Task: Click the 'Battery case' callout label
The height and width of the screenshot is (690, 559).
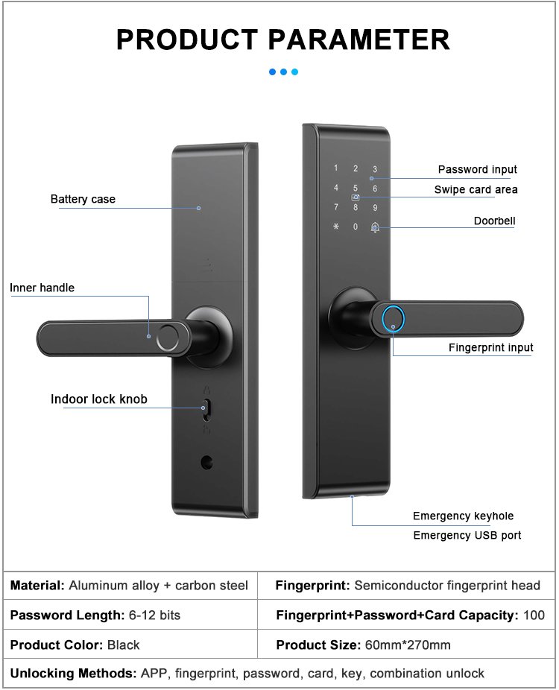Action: click(x=83, y=199)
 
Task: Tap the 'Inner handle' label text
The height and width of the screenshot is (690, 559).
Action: click(x=42, y=288)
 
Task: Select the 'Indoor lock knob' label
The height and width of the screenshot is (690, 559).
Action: click(x=99, y=399)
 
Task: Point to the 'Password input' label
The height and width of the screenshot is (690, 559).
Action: click(x=477, y=170)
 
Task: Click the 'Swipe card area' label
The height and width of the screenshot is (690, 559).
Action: click(x=476, y=190)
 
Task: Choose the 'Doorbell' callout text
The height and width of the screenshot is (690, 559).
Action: click(x=494, y=221)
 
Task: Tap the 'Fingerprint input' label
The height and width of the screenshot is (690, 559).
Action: click(x=490, y=348)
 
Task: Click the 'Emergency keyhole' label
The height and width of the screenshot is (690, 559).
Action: click(x=463, y=516)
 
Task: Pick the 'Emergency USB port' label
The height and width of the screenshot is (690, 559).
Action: click(x=467, y=536)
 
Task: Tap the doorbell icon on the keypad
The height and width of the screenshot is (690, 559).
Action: click(x=375, y=227)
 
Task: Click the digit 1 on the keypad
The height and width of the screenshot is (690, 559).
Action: click(x=336, y=168)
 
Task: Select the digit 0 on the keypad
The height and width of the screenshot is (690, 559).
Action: click(x=356, y=227)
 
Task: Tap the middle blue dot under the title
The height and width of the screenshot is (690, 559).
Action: click(x=283, y=72)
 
